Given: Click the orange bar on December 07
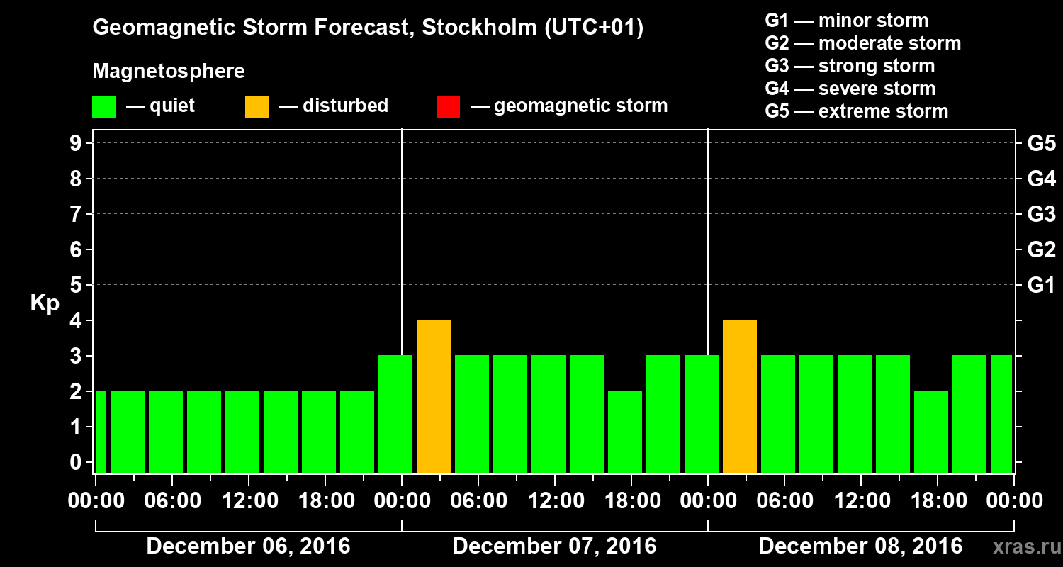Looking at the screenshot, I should [434, 396].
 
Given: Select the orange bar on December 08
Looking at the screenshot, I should [740, 396].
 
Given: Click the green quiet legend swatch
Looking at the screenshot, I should [103, 107].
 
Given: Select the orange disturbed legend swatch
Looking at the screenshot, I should [257, 107].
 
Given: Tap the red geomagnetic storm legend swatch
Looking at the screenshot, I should [448, 107].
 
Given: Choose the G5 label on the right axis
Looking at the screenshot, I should [1041, 144].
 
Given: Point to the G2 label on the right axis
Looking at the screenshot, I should [1041, 250].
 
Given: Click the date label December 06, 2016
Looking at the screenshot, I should [248, 546].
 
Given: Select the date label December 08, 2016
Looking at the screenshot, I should [860, 546].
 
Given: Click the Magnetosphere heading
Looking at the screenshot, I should [169, 72].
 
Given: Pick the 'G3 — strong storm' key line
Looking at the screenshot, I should [850, 66].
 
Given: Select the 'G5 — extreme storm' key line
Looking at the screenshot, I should [856, 111].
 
